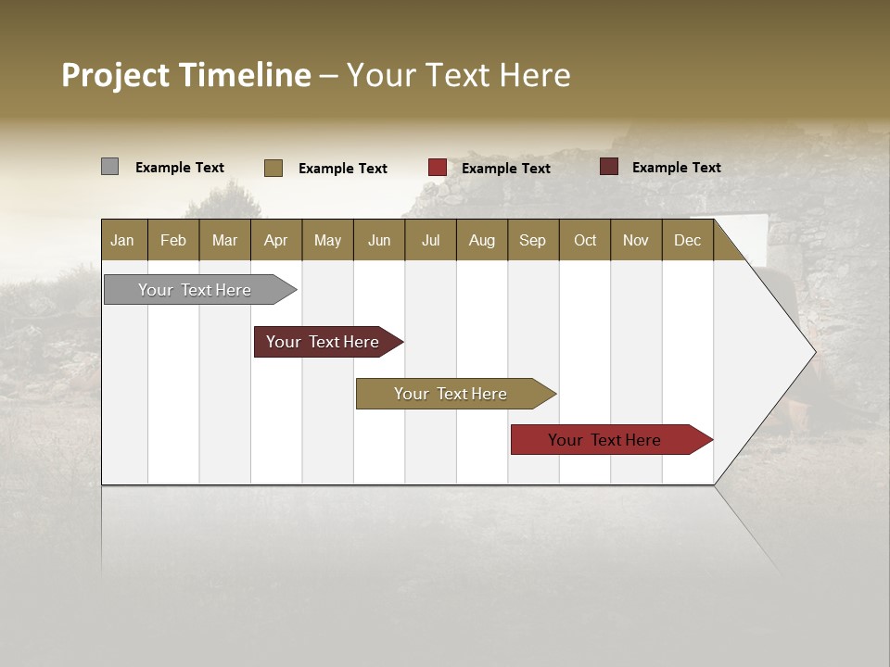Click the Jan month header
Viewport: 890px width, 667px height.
122,240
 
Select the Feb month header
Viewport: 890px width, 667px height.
173,240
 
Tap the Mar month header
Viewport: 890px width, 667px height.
224,240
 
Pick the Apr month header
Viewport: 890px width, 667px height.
275,240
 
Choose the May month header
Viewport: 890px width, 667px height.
327,240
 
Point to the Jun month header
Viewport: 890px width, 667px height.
379,240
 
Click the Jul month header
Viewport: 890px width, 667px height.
430,240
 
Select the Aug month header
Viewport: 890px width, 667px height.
481,240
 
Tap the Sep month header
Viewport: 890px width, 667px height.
532,240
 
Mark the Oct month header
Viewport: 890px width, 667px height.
585,240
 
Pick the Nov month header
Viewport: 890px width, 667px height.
636,240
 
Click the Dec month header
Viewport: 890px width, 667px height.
687,240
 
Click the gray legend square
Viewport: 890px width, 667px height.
109,167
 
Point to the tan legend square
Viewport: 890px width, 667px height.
273,168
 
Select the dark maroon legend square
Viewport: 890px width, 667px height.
609,167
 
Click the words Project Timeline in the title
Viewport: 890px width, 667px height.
186,75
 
